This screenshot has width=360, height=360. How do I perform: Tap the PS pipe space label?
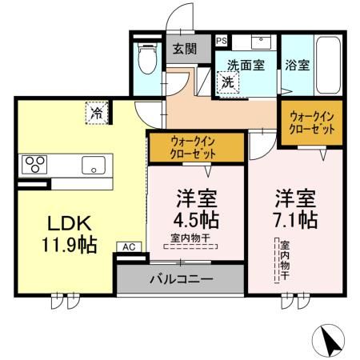pos(221,41)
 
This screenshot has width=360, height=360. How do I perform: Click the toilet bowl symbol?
pos(146,58)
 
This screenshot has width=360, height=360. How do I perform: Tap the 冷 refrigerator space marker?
pos(96,113)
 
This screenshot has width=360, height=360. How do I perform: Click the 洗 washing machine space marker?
pos(227,82)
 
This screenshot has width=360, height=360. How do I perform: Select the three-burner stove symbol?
pos(35,165)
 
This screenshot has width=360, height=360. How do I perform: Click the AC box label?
pos(128,247)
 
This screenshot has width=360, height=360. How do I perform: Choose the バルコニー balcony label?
pos(181,279)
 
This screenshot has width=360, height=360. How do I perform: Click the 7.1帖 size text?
pos(297,218)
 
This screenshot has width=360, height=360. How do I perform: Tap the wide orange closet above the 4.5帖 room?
pos(196,147)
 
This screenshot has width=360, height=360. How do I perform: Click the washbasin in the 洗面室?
pos(262,42)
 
